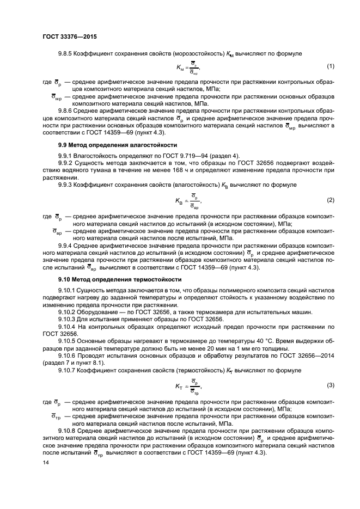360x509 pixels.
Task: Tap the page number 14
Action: pos(45,462)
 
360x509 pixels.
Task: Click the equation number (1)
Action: pos(330,66)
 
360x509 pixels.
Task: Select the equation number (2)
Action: pos(330,200)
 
